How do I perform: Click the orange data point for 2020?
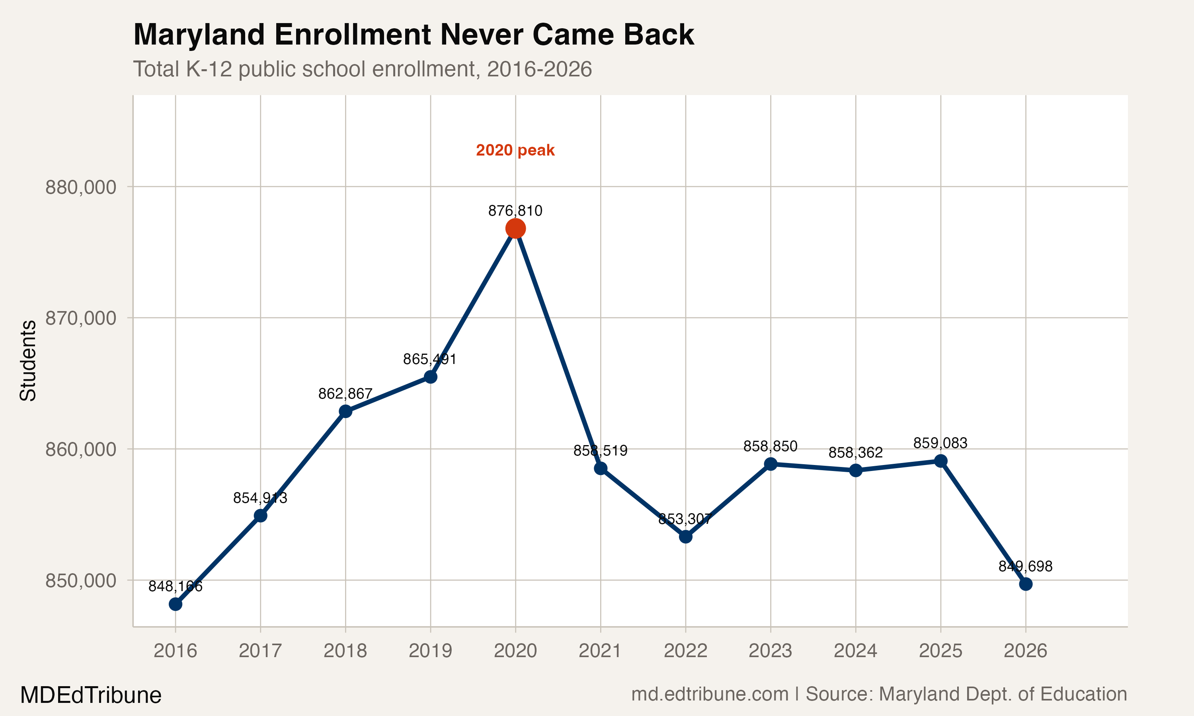(515, 228)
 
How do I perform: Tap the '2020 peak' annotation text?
(515, 150)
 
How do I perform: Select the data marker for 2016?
(175, 604)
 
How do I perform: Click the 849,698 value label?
(1025, 566)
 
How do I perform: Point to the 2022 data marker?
(685, 537)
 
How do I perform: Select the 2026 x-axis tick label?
(1025, 651)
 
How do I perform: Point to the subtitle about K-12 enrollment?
(362, 69)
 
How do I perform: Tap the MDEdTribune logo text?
(91, 695)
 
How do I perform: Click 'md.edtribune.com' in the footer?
(710, 694)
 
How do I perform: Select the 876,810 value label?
(515, 211)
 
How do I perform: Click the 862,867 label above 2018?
(345, 394)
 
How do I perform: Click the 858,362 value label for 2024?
(855, 453)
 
